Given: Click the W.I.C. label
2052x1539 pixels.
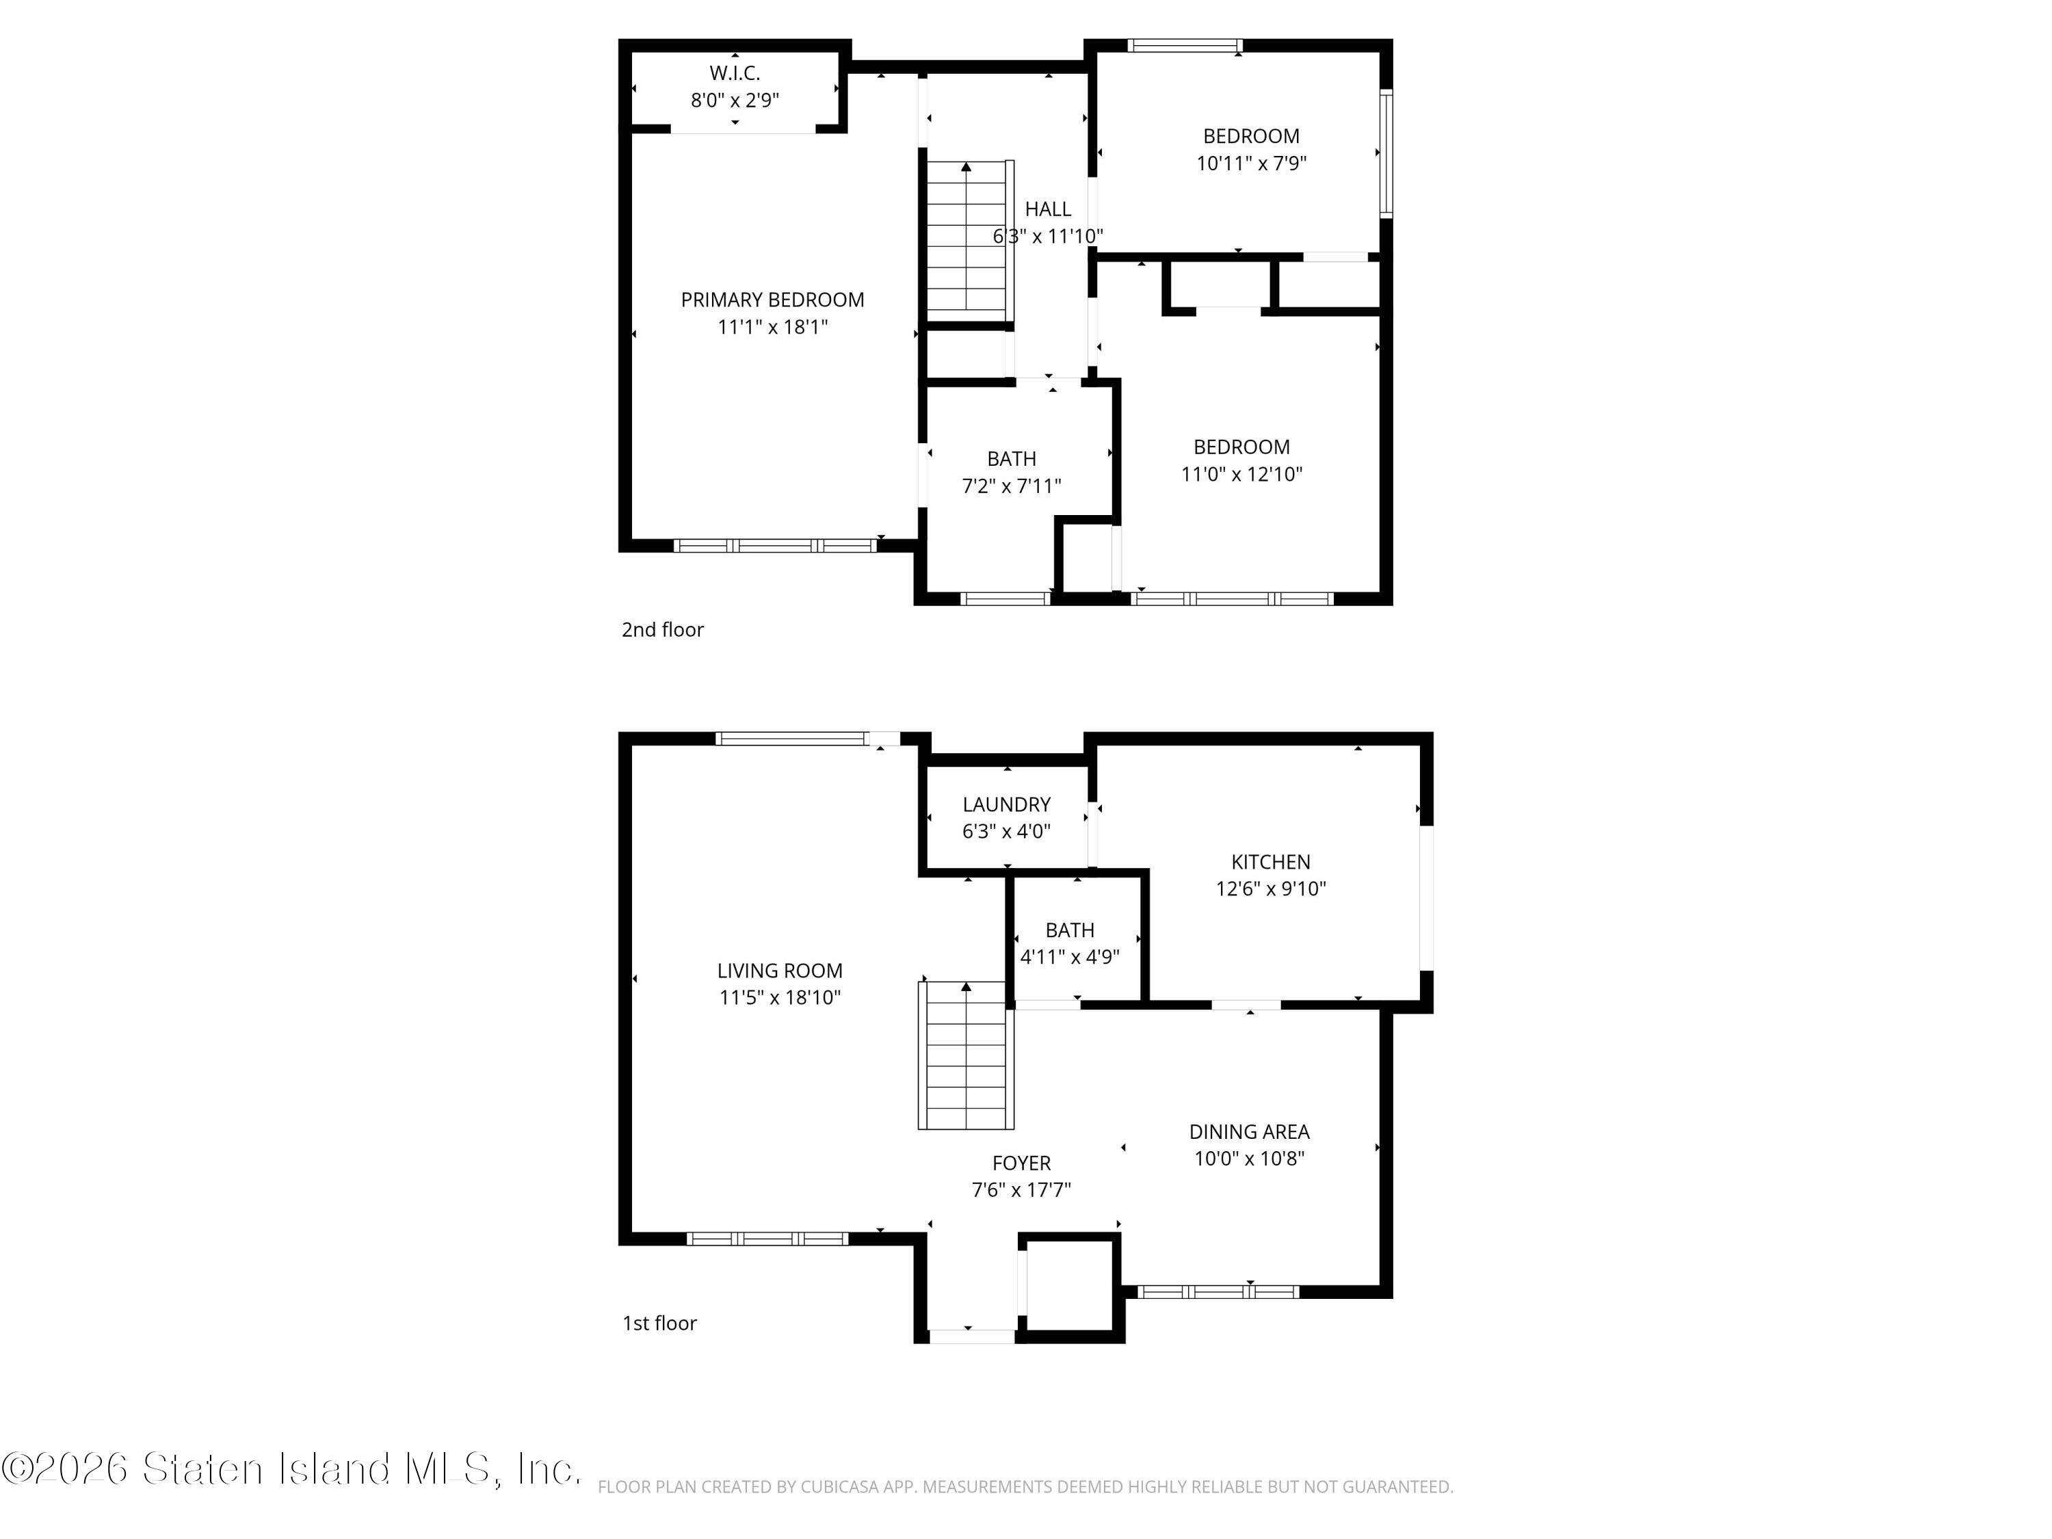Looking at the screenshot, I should [x=735, y=73].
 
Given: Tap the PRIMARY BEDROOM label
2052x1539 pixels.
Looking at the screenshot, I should [x=772, y=300].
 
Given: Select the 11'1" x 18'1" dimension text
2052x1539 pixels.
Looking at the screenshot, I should [x=772, y=326].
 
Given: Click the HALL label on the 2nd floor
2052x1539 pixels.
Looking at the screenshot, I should [x=1047, y=209].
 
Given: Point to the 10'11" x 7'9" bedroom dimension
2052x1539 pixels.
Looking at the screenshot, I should [x=1250, y=163].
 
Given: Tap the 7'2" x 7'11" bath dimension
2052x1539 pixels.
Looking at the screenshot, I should [x=1011, y=485].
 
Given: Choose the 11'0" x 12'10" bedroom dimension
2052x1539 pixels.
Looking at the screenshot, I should [x=1241, y=474].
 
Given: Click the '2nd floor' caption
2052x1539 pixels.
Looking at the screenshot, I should [x=662, y=630].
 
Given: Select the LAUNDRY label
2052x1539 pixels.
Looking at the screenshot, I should [x=1005, y=804].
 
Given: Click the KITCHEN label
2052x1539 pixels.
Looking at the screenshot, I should [x=1270, y=862].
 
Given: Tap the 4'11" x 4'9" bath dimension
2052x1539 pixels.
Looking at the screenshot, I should [x=1070, y=956].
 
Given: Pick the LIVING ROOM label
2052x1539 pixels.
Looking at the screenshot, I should [x=779, y=971].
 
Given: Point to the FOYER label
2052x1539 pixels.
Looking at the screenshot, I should [x=1021, y=1162].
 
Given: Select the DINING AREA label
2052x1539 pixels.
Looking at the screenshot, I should [x=1248, y=1132].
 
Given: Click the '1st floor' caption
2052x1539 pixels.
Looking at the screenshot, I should [x=659, y=1323].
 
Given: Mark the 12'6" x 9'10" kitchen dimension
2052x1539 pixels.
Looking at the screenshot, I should [x=1270, y=889].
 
